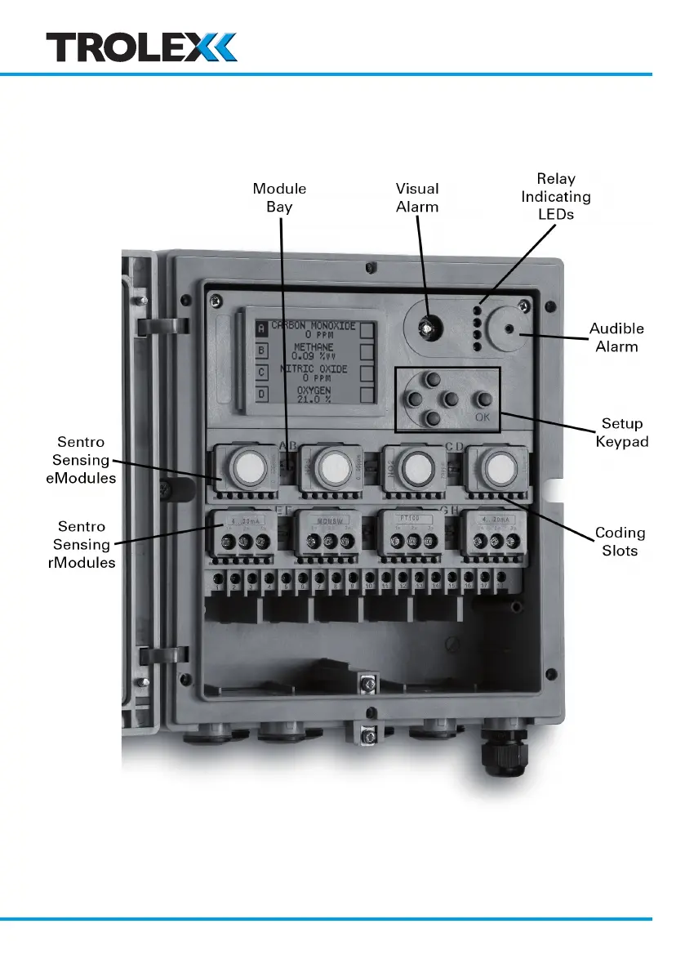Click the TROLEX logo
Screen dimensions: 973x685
(141, 47)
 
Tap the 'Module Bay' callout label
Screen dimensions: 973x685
(279, 198)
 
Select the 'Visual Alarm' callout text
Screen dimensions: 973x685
(417, 198)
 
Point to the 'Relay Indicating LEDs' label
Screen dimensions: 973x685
(556, 196)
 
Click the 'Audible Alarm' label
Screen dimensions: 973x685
(616, 337)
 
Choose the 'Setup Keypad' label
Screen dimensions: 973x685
(622, 432)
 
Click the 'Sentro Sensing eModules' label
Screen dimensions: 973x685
(81, 461)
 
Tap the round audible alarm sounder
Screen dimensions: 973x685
(510, 329)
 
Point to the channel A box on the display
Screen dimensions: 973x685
(262, 328)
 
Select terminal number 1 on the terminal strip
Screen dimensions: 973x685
(218, 587)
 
